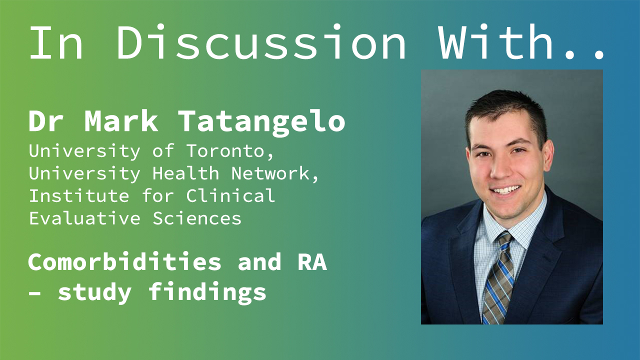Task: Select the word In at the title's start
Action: (56, 43)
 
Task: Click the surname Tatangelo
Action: (261, 122)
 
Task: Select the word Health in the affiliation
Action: (185, 173)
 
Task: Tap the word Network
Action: (275, 173)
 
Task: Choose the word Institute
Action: (79, 195)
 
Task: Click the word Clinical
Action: (230, 195)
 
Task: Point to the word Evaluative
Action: (85, 218)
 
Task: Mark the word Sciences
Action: (197, 218)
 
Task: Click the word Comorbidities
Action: (124, 261)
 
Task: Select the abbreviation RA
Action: (312, 261)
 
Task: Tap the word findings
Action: (207, 292)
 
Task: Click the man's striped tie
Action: (498, 277)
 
